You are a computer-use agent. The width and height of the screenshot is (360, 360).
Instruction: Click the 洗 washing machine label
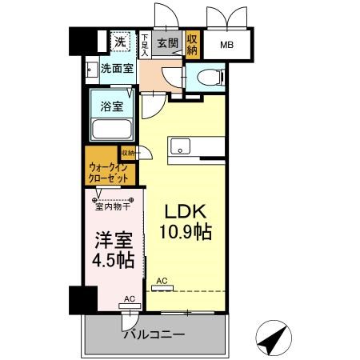[x=119, y=42]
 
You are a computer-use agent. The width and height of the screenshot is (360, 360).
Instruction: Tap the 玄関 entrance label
[x=167, y=42]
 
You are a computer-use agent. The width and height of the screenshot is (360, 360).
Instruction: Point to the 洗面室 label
[x=116, y=69]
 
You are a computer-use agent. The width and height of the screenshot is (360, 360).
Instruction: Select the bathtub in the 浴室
[x=111, y=129]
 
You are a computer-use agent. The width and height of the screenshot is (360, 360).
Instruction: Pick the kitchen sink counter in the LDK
[x=191, y=146]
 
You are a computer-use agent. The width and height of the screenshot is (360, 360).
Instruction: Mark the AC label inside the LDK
[x=162, y=281]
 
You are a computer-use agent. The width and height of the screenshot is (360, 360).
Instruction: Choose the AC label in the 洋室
[x=128, y=298]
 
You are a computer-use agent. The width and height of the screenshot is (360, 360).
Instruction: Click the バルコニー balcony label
[x=154, y=334]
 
